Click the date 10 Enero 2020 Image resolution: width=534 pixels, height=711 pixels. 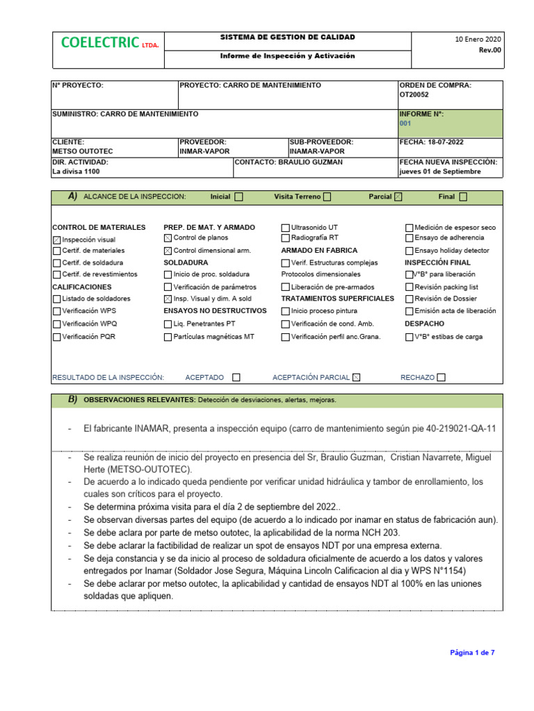[478, 39]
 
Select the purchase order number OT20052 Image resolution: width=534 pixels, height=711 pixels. [414, 95]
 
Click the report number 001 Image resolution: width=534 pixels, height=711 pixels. [405, 124]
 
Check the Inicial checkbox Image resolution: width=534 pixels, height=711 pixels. [239, 197]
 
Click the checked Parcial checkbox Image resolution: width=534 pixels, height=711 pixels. [398, 197]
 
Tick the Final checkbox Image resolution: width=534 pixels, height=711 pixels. [463, 197]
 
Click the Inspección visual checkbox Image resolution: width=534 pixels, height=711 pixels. [57, 239]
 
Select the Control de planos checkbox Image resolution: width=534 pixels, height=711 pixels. [168, 238]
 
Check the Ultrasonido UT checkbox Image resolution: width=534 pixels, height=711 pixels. [285, 228]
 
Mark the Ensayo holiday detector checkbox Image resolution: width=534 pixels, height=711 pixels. [410, 251]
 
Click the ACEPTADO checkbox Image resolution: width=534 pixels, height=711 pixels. [236, 378]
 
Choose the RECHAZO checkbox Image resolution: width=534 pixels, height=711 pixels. [441, 378]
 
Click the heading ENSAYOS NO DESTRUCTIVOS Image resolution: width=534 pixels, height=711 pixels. [215, 310]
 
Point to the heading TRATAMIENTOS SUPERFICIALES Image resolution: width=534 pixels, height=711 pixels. [337, 299]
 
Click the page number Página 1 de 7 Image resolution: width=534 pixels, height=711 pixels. [472, 653]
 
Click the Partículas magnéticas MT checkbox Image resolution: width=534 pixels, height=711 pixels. [168, 337]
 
